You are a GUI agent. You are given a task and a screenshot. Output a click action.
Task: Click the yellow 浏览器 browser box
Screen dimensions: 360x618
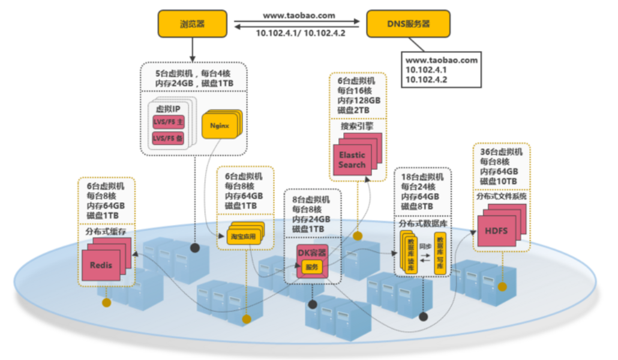192,24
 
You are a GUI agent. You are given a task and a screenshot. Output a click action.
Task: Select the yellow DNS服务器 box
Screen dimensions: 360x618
409,24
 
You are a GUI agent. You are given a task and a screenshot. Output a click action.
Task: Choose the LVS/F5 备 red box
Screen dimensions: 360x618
168,139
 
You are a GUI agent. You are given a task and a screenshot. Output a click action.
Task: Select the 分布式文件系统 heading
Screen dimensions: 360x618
501,196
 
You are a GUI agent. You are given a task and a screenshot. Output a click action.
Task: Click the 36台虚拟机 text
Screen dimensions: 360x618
501,152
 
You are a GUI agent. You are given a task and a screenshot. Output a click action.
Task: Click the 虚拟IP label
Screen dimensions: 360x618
169,109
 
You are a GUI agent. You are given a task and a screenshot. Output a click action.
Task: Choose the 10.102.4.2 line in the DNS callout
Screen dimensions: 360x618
426,79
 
